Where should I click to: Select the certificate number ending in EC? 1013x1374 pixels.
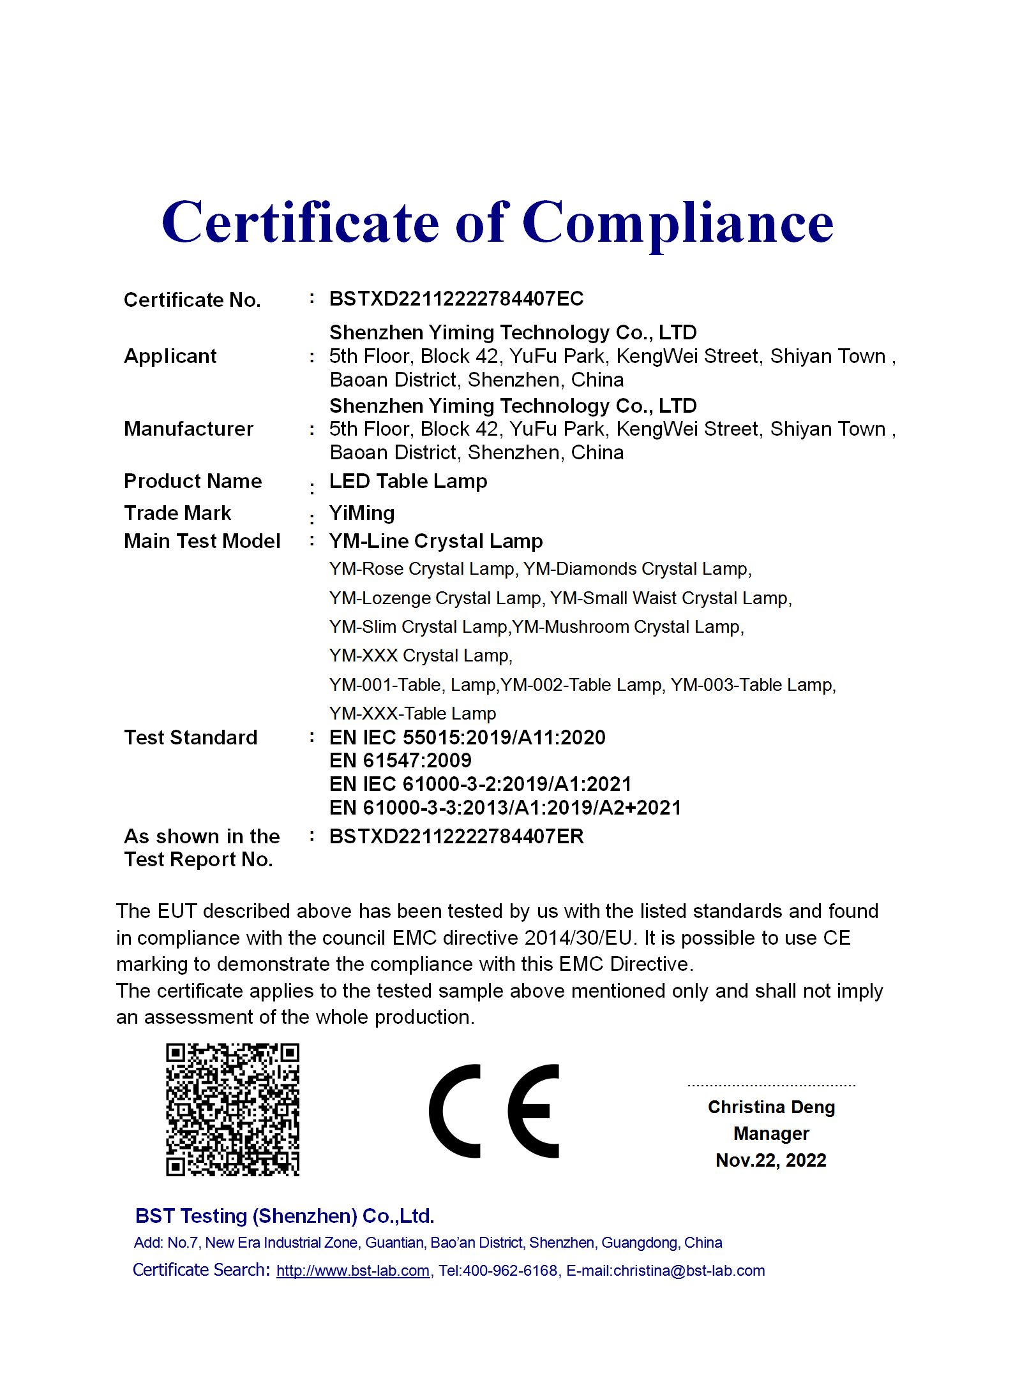pyautogui.click(x=456, y=299)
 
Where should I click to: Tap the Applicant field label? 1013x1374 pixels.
pyautogui.click(x=170, y=356)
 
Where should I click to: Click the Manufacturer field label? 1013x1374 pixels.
pyautogui.click(x=188, y=429)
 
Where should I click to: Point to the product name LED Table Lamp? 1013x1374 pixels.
pyautogui.click(x=408, y=481)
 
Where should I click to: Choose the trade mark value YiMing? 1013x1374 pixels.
pyautogui.click(x=362, y=513)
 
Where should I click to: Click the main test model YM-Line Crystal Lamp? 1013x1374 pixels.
pyautogui.click(x=435, y=541)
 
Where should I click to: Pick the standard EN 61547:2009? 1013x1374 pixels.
pyautogui.click(x=400, y=760)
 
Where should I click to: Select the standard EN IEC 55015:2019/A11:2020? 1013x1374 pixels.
pyautogui.click(x=467, y=737)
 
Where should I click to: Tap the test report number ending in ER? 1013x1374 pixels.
pyautogui.click(x=456, y=836)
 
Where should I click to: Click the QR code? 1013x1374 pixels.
pyautogui.click(x=232, y=1109)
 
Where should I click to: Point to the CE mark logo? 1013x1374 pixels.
pyautogui.click(x=494, y=1111)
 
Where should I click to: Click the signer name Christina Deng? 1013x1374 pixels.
pyautogui.click(x=771, y=1107)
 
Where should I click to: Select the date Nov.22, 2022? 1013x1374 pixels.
pyautogui.click(x=771, y=1160)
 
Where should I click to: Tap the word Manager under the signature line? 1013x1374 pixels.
pyautogui.click(x=771, y=1134)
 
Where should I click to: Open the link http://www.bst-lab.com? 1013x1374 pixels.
pyautogui.click(x=353, y=1271)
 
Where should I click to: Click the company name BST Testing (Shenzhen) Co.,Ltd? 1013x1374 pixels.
pyautogui.click(x=285, y=1216)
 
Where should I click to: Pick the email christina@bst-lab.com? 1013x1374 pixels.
pyautogui.click(x=689, y=1271)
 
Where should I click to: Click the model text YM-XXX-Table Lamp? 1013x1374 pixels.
pyautogui.click(x=412, y=713)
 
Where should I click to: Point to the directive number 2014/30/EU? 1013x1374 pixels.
pyautogui.click(x=578, y=938)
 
